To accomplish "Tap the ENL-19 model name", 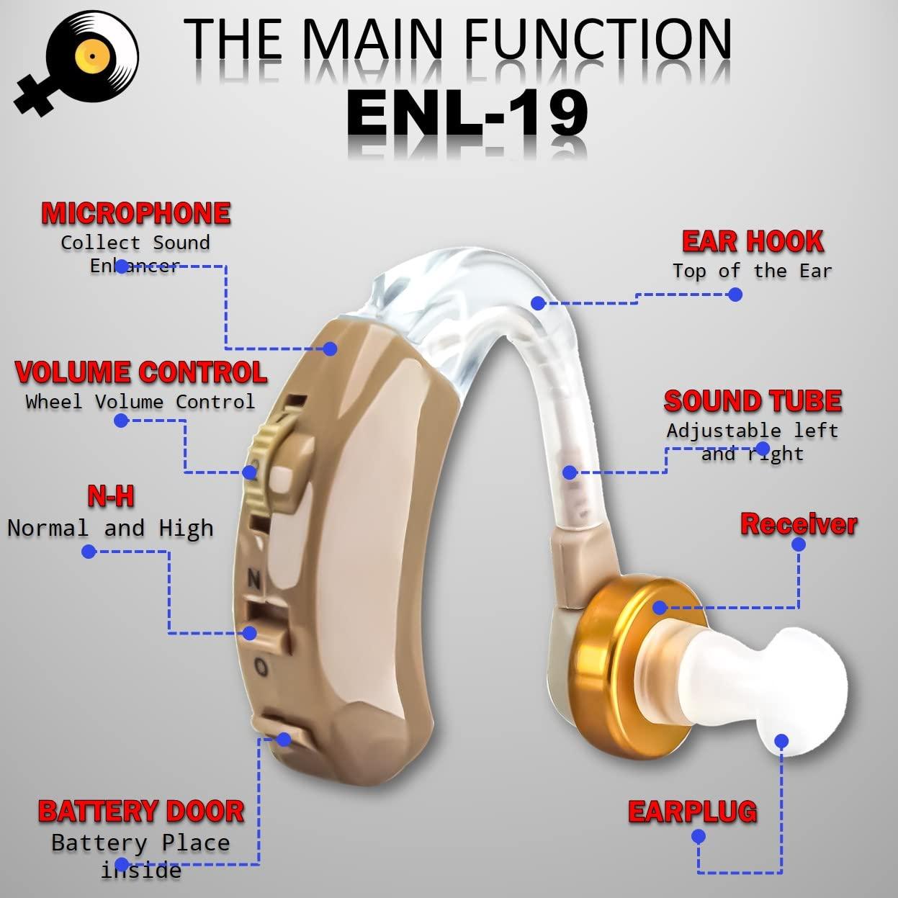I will click(x=467, y=113).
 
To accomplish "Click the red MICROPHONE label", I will click(x=136, y=213).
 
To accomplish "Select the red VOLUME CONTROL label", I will click(x=141, y=372).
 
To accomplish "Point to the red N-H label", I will click(x=111, y=496).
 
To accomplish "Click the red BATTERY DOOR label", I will click(x=141, y=811).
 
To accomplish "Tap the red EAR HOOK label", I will click(x=753, y=242).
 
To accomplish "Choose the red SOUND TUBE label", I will click(x=753, y=401).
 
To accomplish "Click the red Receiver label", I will click(x=799, y=524).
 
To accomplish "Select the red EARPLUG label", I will click(x=692, y=812).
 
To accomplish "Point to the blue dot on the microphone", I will click(x=330, y=349).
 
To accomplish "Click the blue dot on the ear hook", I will click(x=538, y=303).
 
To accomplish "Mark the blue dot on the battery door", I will click(x=283, y=739).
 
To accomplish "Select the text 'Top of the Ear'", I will click(x=753, y=271).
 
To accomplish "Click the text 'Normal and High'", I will click(x=111, y=528).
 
